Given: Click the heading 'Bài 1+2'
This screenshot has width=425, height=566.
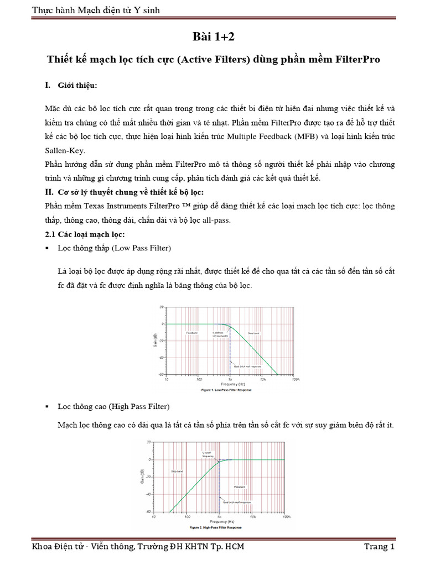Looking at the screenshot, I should click(212, 37).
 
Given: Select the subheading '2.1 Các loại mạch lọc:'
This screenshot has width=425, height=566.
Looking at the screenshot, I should click(81, 234).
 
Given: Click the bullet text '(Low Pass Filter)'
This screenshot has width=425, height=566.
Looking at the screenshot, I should click(142, 247).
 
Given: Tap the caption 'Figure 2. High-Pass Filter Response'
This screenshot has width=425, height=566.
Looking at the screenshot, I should click(219, 527).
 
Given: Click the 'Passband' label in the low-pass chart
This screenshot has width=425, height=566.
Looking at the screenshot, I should click(192, 333).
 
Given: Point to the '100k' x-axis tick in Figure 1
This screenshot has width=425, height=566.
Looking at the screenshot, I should click(296, 380).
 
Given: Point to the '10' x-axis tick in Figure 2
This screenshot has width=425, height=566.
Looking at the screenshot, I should click(154, 517).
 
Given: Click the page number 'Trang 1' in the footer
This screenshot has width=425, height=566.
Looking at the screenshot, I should click(379, 547).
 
